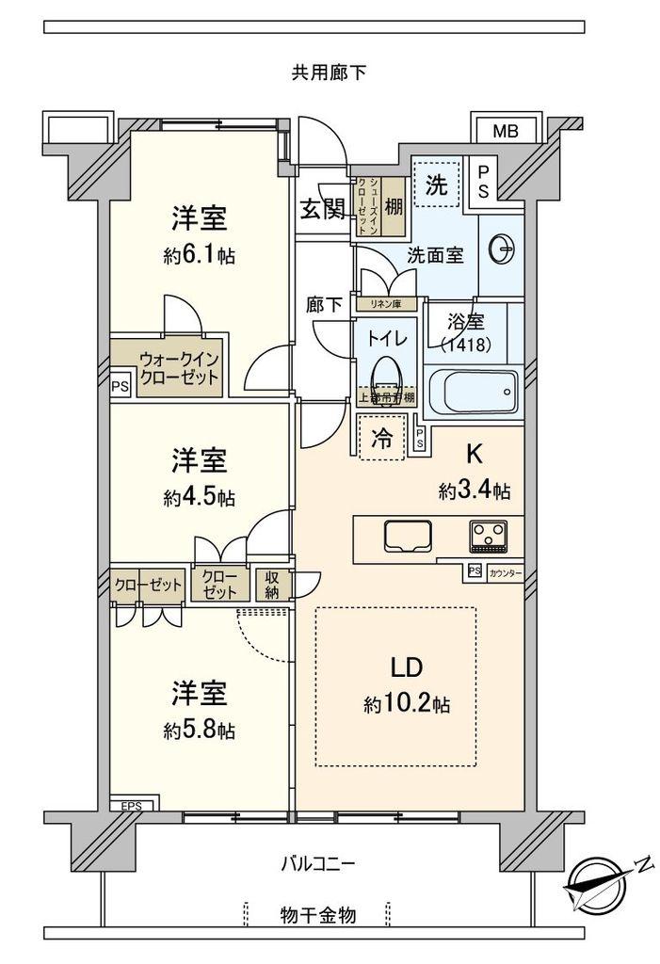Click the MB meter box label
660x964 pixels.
click(x=506, y=132)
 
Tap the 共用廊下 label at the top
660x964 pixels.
click(x=329, y=72)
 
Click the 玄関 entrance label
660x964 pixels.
click(x=322, y=209)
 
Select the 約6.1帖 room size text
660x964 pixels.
click(x=199, y=256)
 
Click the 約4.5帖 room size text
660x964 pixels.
click(x=199, y=498)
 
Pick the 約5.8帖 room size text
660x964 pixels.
click(x=199, y=731)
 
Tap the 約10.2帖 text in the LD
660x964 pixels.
click(x=400, y=703)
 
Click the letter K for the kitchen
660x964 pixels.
click(x=475, y=456)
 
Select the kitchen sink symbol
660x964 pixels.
click(x=406, y=536)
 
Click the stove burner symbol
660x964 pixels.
click(x=489, y=537)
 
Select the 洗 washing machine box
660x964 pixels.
click(x=436, y=185)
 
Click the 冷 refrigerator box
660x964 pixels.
click(x=381, y=438)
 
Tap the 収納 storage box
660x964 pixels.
click(x=272, y=584)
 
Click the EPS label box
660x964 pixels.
click(x=130, y=806)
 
